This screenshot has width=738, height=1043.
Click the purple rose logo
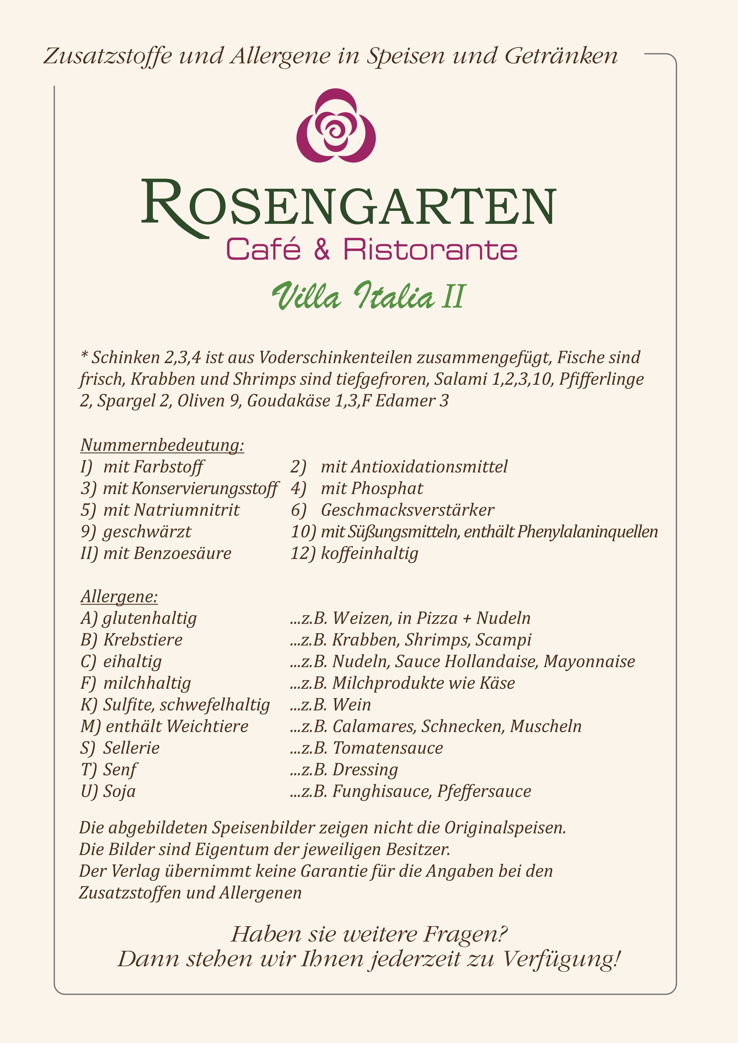(336, 126)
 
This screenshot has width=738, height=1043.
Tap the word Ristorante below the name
(430, 250)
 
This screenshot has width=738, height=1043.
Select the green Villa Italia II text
(369, 296)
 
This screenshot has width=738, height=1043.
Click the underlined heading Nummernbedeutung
(162, 445)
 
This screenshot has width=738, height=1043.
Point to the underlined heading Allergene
(119, 596)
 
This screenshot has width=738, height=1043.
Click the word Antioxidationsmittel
(414, 467)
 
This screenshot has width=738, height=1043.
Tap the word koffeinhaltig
(370, 553)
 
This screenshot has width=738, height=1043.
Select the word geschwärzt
(147, 531)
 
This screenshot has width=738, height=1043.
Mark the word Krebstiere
(143, 640)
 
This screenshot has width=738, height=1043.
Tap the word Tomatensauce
(388, 748)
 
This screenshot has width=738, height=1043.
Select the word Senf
(120, 769)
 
